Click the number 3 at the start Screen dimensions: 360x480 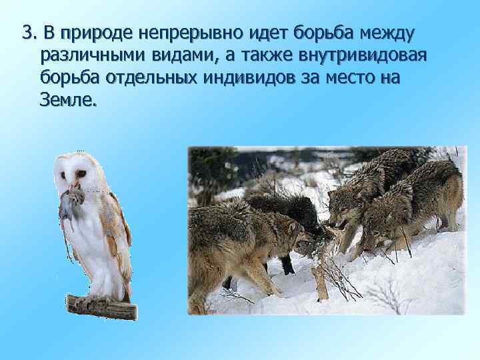[27, 33]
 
